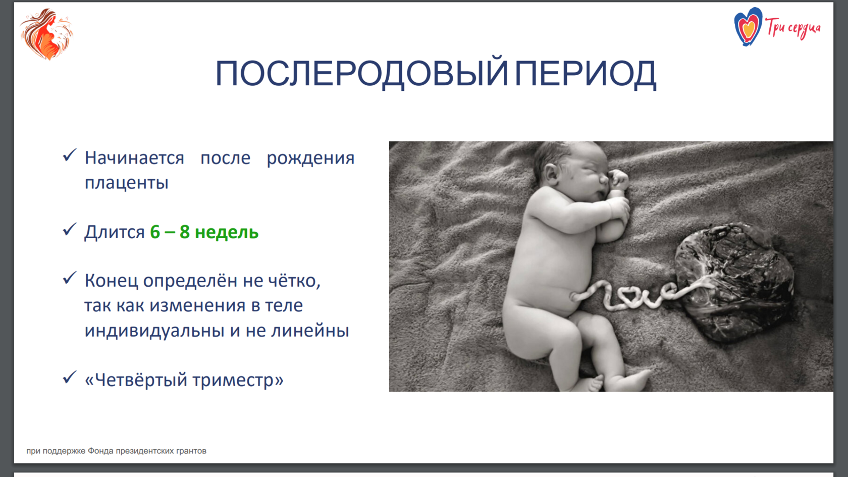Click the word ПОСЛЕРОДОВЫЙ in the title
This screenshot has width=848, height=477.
[x=361, y=74]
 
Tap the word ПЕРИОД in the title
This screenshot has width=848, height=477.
[x=586, y=74]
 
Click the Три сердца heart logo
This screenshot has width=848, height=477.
[x=748, y=26]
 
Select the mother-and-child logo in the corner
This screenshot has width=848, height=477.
[x=46, y=34]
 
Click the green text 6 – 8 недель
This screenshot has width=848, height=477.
[x=204, y=232]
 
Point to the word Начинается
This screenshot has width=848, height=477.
[x=134, y=158]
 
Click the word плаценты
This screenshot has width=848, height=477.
[x=126, y=183]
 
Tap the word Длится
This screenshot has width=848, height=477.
[x=114, y=232]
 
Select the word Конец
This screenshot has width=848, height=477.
[x=111, y=281]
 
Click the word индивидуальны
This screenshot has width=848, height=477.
[x=154, y=330]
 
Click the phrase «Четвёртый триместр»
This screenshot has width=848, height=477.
[x=184, y=380]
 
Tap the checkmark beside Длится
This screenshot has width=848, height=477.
[x=70, y=229]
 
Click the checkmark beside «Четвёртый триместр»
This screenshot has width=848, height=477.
[x=70, y=377]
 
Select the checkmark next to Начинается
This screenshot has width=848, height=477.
[x=70, y=155]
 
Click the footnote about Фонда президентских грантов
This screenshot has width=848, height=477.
[x=116, y=451]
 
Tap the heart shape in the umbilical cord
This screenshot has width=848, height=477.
[x=629, y=295]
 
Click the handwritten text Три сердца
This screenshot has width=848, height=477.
[x=793, y=28]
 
